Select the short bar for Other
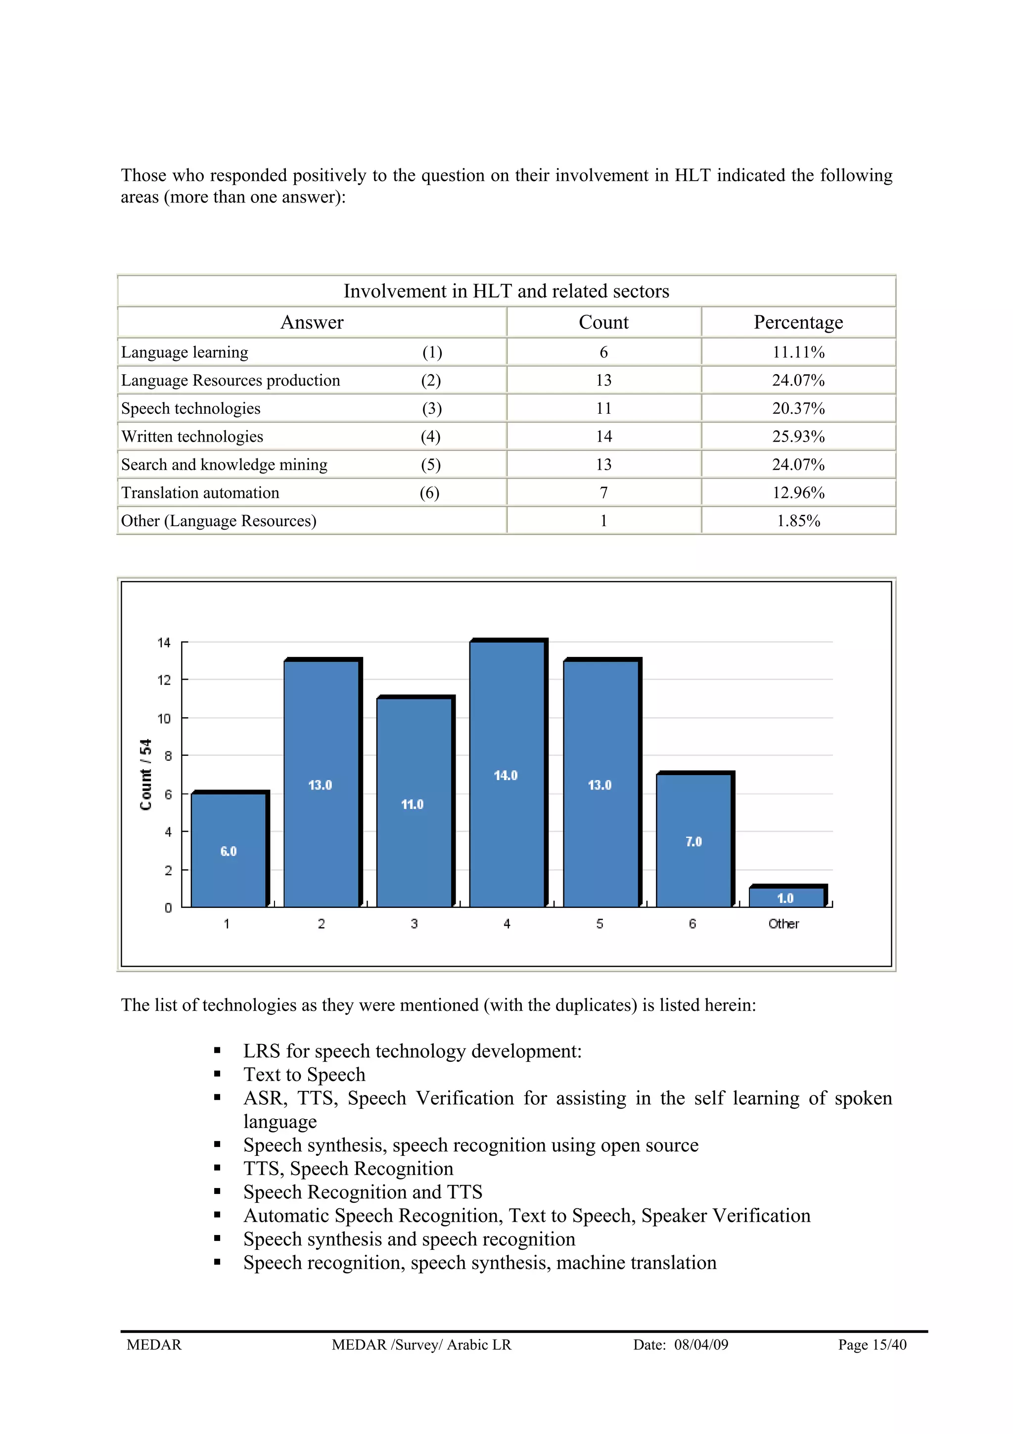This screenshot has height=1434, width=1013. (x=786, y=897)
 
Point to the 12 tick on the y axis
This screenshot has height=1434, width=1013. (x=164, y=680)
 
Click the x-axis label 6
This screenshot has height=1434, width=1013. (x=692, y=924)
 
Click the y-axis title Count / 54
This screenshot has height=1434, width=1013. (x=145, y=775)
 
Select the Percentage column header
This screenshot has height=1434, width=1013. (x=798, y=322)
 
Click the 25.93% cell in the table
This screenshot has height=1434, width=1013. (x=798, y=437)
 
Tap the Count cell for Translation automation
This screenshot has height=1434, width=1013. (x=603, y=493)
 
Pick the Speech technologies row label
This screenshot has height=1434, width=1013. (x=191, y=408)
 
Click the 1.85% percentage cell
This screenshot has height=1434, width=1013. (x=798, y=521)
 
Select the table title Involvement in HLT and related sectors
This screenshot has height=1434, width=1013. (x=506, y=291)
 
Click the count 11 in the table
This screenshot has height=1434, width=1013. (x=603, y=408)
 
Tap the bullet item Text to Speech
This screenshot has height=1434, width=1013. (x=304, y=1074)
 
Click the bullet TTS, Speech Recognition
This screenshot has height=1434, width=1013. (x=348, y=1169)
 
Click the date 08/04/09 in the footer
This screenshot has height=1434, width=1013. (x=701, y=1345)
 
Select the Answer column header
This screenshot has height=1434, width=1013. (x=312, y=322)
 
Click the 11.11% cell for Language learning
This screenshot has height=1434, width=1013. (x=798, y=352)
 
